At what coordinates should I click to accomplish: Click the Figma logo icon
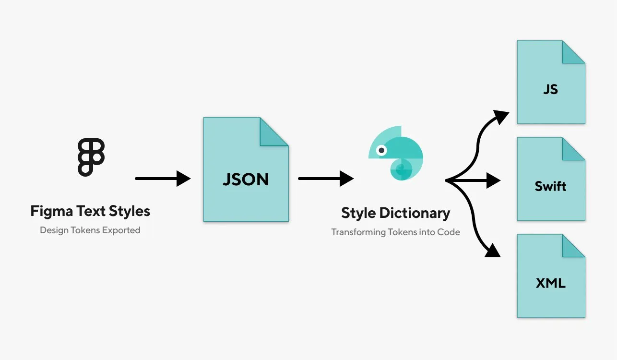pos(91,157)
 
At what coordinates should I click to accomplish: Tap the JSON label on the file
pos(246,180)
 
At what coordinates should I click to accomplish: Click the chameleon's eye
pos(381,150)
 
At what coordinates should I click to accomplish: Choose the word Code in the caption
pos(449,232)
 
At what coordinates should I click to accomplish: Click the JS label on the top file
pos(551,89)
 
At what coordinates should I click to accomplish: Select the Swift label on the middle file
pos(551,186)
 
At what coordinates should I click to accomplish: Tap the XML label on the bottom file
pos(551,283)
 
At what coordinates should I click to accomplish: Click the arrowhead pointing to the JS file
pos(501,116)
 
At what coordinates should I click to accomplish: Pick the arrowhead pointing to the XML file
pos(493,251)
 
